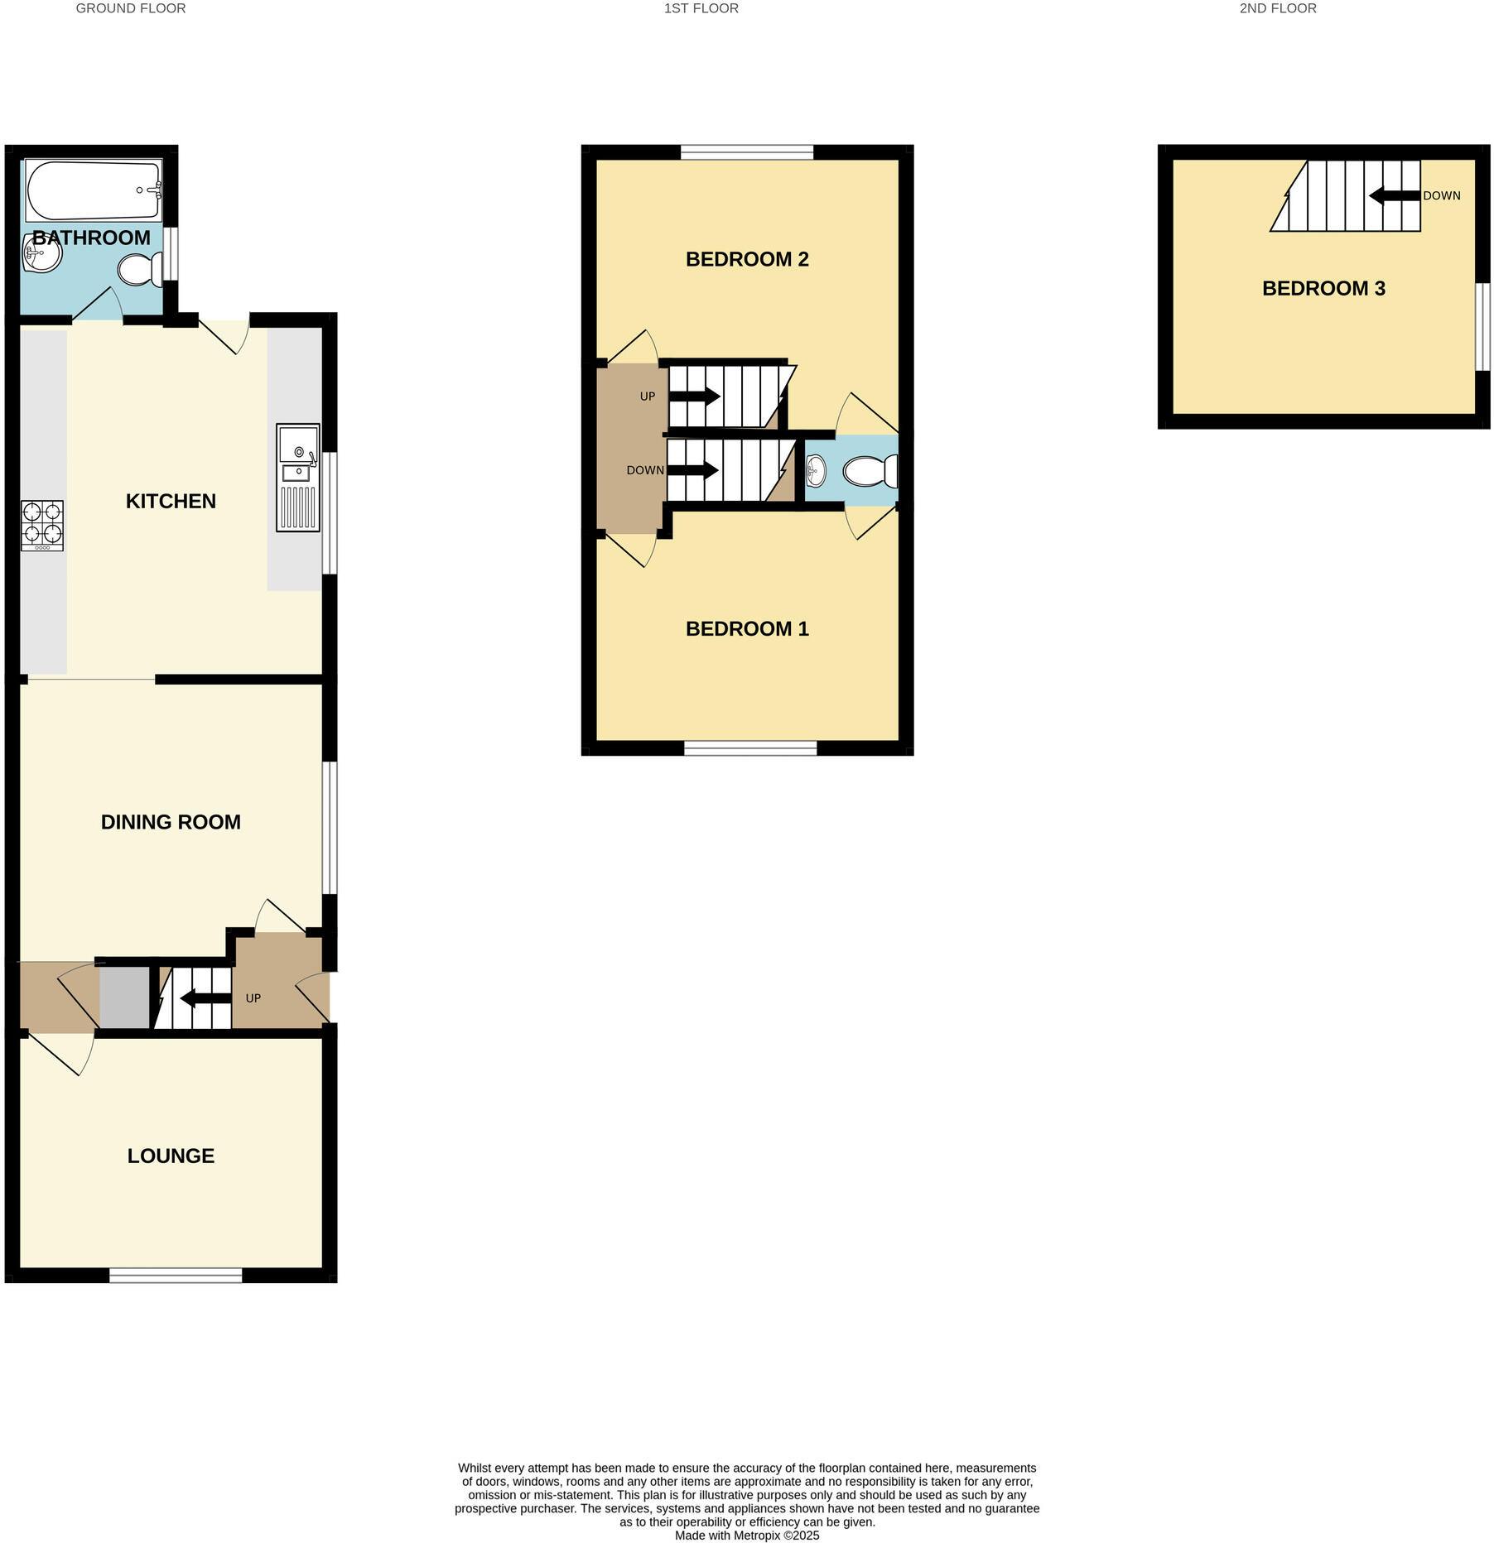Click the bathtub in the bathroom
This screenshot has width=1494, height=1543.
(x=94, y=190)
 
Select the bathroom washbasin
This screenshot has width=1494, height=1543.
(x=42, y=252)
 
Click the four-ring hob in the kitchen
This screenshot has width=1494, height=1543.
(x=41, y=525)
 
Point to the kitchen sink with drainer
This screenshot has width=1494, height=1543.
(x=298, y=477)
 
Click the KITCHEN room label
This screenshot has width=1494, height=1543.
(x=171, y=501)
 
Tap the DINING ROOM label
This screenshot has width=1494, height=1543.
(x=171, y=822)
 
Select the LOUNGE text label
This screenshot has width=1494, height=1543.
(x=171, y=1156)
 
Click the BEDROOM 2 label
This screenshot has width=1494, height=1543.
(x=747, y=259)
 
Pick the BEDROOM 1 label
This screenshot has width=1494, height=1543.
(x=747, y=628)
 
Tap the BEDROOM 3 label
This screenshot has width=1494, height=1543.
(x=1323, y=288)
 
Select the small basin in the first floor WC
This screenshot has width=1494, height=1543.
(x=816, y=471)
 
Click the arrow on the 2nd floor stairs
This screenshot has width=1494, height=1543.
(x=1395, y=196)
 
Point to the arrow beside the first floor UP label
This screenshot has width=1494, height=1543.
(x=694, y=397)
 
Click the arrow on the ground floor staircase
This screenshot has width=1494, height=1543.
(x=205, y=998)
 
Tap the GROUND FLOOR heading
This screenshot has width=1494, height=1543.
(x=131, y=8)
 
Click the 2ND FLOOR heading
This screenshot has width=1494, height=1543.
(x=1278, y=8)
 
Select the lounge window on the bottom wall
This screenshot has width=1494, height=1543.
(x=176, y=1276)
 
